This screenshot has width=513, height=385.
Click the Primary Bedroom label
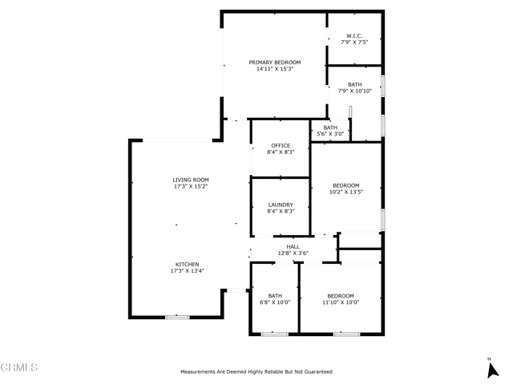[x=275, y=63]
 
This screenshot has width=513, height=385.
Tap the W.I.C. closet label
[x=354, y=35]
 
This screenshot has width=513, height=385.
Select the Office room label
[x=281, y=145]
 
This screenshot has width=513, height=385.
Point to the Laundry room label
[x=281, y=205]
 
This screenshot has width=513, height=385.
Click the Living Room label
[x=191, y=180]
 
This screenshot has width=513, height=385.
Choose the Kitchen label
[x=187, y=264]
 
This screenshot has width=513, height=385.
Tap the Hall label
[x=293, y=246]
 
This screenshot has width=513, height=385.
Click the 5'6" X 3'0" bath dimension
[x=330, y=134]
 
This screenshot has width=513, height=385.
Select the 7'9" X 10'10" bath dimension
[x=355, y=91]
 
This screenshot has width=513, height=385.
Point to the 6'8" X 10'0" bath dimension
[x=275, y=302]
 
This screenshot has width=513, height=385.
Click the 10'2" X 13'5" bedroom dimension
[x=346, y=192]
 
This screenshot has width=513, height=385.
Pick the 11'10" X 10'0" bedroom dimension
[x=341, y=302]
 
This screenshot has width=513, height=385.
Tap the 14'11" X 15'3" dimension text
[x=275, y=69]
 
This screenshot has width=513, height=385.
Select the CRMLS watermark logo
[x=19, y=367]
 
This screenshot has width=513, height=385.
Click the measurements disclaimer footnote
[x=256, y=371]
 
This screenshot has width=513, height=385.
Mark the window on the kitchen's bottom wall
[x=177, y=318]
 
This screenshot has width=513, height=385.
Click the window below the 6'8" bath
[x=274, y=334]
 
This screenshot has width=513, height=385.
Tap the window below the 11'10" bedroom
[x=346, y=334]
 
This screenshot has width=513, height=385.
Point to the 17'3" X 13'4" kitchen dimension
[x=187, y=271]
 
